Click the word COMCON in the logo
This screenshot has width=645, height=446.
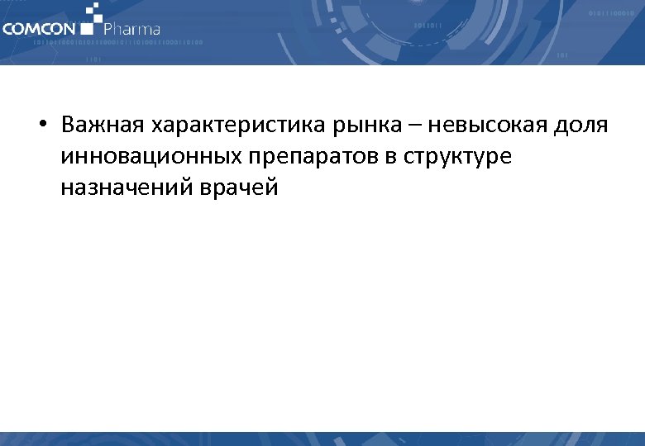38,28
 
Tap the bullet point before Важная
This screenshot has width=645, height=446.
41,126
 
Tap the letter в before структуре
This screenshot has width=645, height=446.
382,157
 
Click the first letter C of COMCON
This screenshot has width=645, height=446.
7,28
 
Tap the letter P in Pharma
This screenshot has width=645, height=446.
107,28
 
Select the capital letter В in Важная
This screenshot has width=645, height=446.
68,126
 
